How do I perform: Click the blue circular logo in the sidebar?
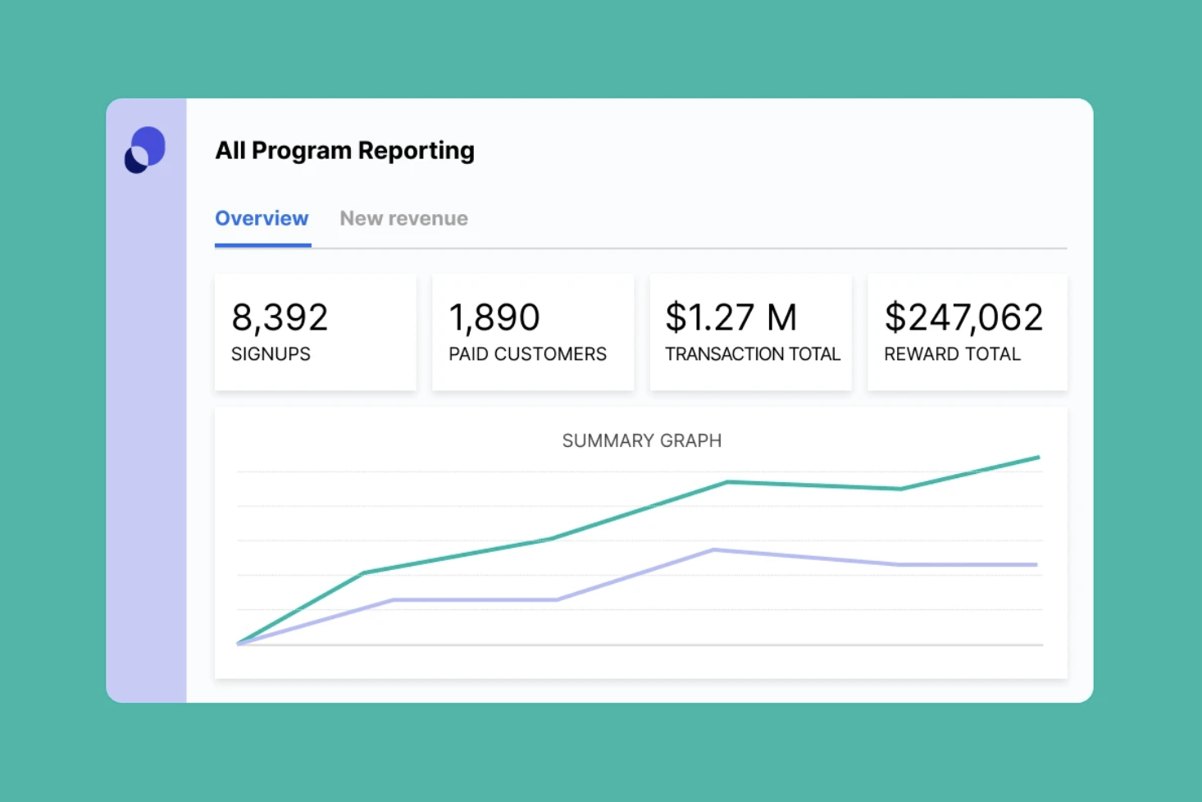click(145, 150)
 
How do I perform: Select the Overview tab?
click(262, 218)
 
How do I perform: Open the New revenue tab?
click(403, 218)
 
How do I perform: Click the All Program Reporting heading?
click(344, 150)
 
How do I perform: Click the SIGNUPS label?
click(271, 353)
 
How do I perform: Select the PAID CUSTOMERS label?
click(527, 353)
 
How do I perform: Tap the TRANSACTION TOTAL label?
click(753, 353)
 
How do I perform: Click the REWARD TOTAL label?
click(952, 353)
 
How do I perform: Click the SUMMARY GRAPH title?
click(642, 440)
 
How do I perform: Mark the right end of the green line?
click(1039, 458)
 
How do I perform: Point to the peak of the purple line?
click(713, 549)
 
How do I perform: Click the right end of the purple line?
click(1036, 565)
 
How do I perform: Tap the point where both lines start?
click(239, 643)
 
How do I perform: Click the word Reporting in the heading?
click(417, 150)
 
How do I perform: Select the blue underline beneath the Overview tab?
click(263, 245)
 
